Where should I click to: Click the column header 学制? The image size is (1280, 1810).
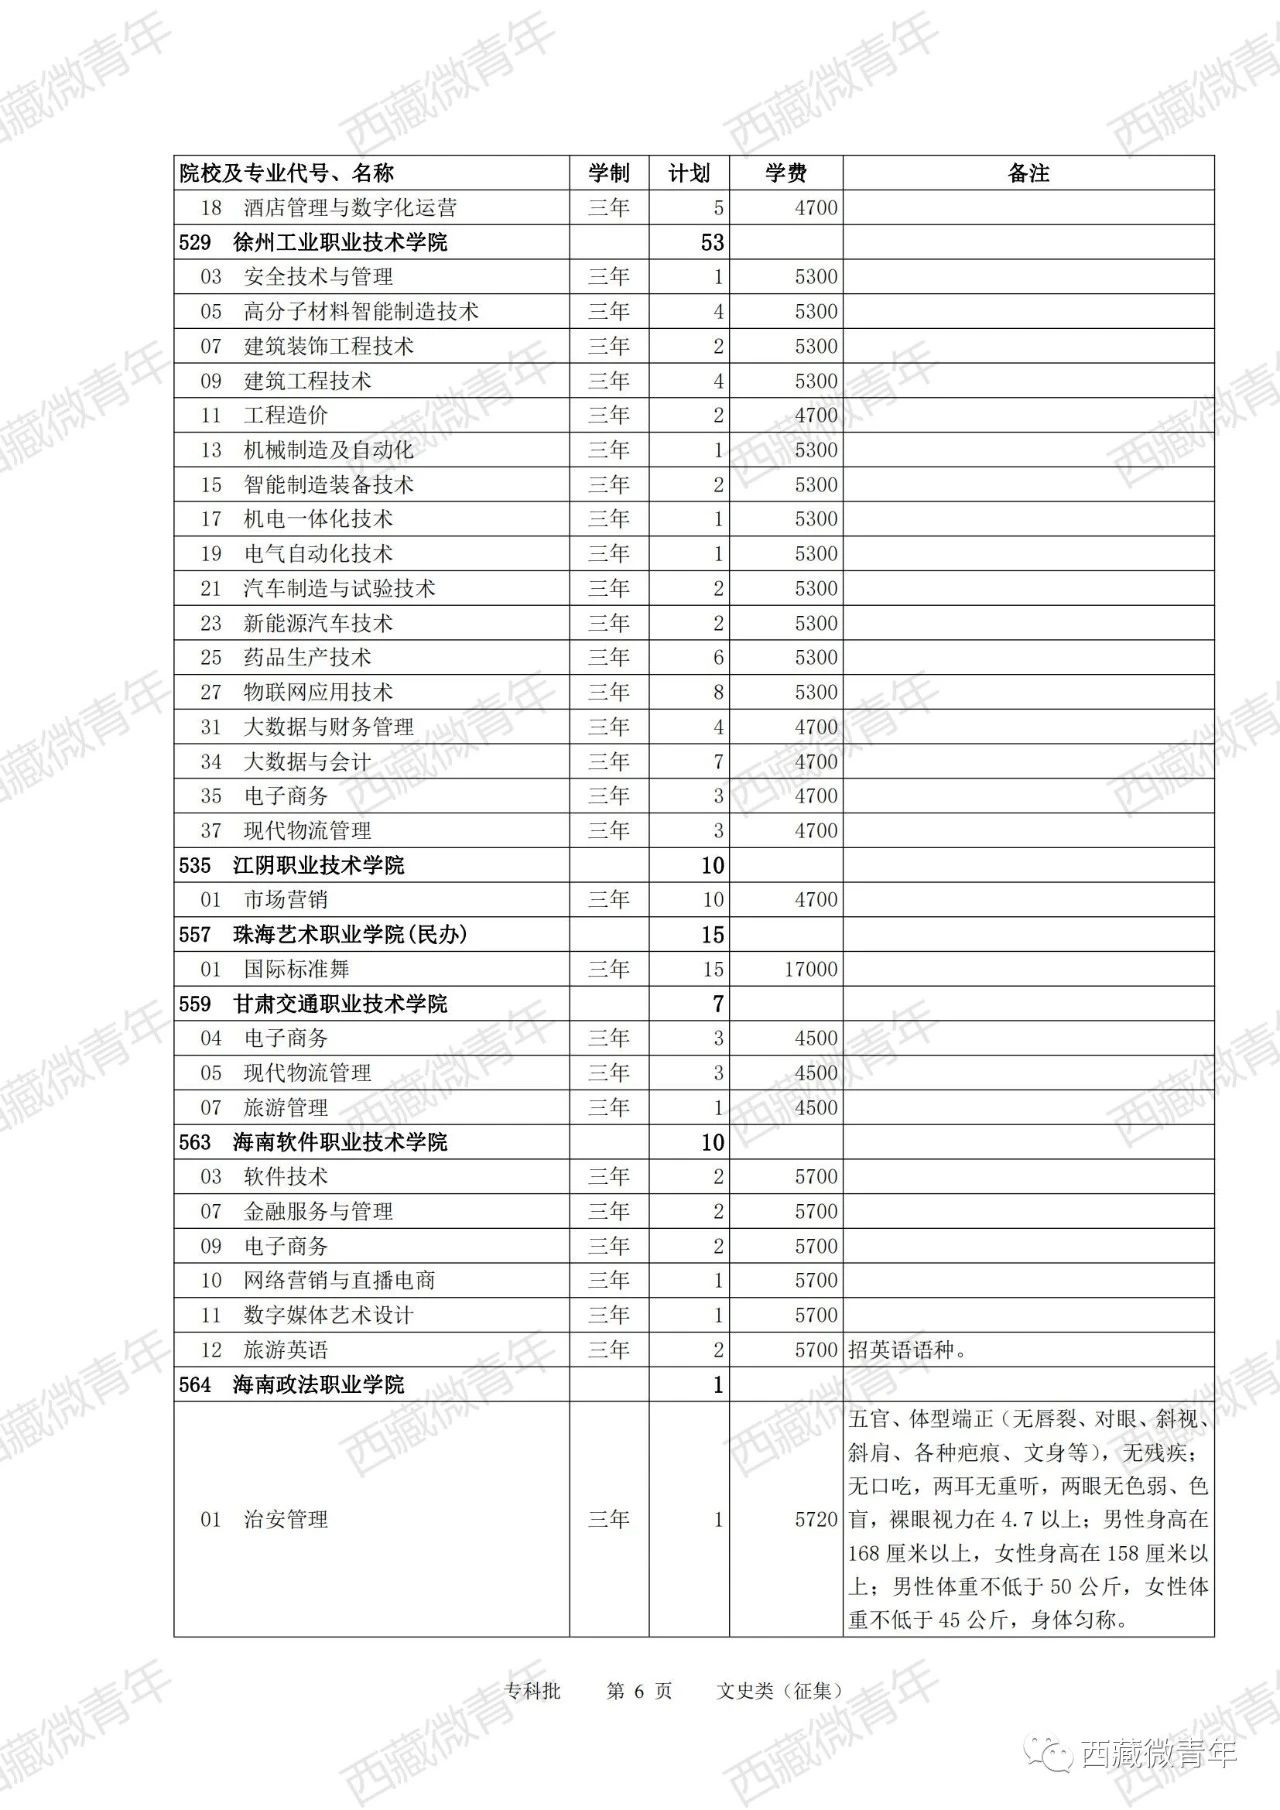tap(608, 173)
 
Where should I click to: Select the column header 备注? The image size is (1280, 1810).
tap(1028, 173)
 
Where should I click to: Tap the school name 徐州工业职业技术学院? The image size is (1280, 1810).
tap(340, 242)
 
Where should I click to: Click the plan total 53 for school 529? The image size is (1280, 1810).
tap(712, 242)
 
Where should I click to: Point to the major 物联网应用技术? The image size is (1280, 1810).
tap(318, 692)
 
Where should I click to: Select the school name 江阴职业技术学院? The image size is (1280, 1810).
tap(318, 865)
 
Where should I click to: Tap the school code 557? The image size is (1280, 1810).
tap(195, 935)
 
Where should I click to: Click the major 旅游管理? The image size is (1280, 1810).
tap(286, 1107)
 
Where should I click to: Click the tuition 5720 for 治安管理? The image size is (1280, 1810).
tap(816, 1520)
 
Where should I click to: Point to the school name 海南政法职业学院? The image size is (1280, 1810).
tap(318, 1385)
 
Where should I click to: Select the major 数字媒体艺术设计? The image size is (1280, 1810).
tap(328, 1315)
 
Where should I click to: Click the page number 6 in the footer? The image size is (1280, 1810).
tap(640, 1691)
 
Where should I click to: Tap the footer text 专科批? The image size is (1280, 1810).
tap(532, 1691)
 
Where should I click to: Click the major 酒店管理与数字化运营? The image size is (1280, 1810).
tap(350, 208)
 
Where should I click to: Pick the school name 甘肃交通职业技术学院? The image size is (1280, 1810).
tap(340, 1004)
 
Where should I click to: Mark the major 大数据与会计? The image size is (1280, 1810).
tap(307, 761)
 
